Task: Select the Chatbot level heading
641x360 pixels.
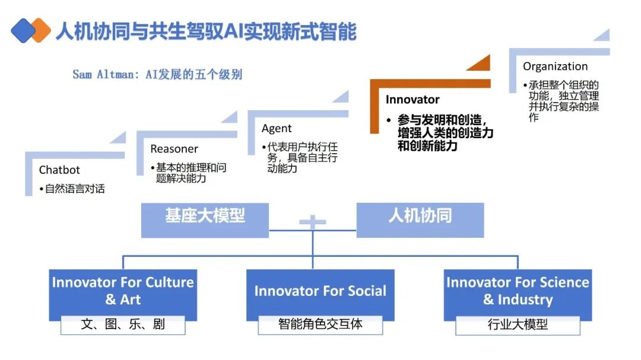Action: pyautogui.click(x=59, y=170)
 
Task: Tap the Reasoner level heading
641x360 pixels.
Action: pyautogui.click(x=174, y=149)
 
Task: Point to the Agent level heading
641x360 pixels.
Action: pyautogui.click(x=277, y=128)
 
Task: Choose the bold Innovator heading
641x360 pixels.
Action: pyautogui.click(x=412, y=99)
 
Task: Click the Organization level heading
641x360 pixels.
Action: pyautogui.click(x=555, y=66)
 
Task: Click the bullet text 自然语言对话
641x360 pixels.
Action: pyautogui.click(x=75, y=189)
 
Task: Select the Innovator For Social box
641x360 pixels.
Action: pyautogui.click(x=320, y=291)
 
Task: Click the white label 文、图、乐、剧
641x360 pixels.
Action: pyautogui.click(x=123, y=324)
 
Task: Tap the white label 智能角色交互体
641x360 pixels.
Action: pyautogui.click(x=320, y=324)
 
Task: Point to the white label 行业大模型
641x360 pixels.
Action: pyautogui.click(x=518, y=324)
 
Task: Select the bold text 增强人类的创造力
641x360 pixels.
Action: pyautogui.click(x=445, y=132)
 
